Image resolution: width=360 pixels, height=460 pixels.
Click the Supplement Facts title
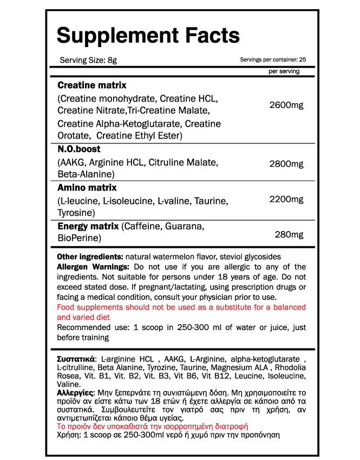pos(148,36)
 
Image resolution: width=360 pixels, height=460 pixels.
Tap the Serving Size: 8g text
pos(88,60)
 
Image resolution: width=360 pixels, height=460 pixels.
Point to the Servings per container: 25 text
pos(273,60)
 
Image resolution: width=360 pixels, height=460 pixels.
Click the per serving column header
pos(284,71)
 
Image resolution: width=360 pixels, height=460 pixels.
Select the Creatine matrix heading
pos(92,86)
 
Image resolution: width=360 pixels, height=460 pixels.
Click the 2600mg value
pos(286,104)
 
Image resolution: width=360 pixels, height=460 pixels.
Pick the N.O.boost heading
pos(79,149)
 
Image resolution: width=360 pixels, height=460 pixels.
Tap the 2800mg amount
pos(286,163)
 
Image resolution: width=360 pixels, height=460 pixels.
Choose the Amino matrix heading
pos(87,188)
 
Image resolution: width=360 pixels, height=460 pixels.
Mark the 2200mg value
pos(286,200)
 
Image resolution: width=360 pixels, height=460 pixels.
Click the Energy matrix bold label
pos(88,226)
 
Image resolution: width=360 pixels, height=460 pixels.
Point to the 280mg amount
pos(289,234)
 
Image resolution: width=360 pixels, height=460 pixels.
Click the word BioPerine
pos(79,238)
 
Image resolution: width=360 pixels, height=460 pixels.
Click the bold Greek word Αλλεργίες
pos(75,392)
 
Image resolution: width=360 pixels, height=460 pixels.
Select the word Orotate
pos(74,135)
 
